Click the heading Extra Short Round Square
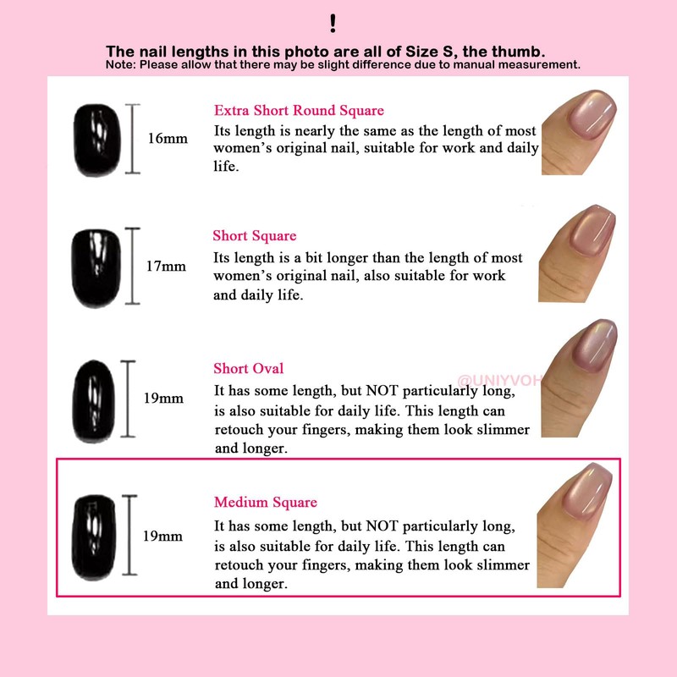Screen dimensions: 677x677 (x=299, y=111)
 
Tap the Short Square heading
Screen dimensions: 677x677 (x=255, y=236)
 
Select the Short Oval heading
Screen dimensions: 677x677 (x=248, y=369)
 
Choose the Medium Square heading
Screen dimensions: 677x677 (x=265, y=503)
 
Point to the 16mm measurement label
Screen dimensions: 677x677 (x=168, y=139)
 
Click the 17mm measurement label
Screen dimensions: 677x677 (x=165, y=266)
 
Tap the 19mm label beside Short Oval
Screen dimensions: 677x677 (x=163, y=398)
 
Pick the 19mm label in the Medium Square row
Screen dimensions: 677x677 (x=162, y=536)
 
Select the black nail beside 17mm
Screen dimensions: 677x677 (x=96, y=267)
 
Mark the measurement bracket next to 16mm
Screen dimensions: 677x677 (x=132, y=139)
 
